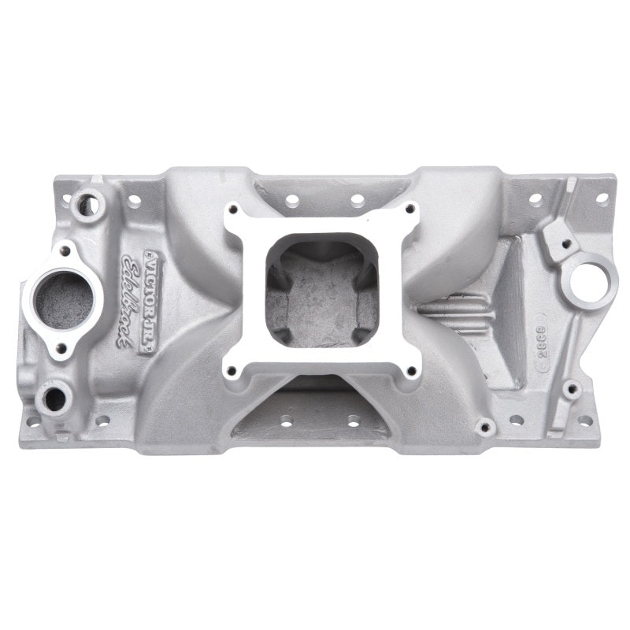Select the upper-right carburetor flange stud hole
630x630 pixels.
click(x=410, y=209)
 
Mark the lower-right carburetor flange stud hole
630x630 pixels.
click(x=411, y=369)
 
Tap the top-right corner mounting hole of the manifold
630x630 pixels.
click(x=602, y=198)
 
